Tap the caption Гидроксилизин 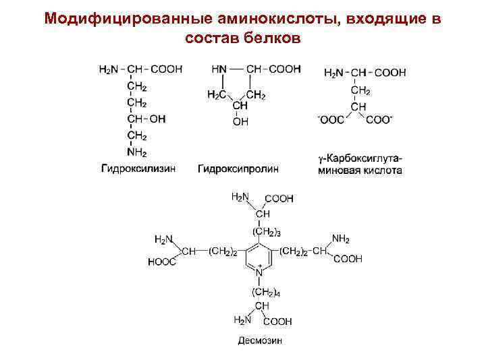[x=138, y=169]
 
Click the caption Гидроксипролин [x=238, y=169]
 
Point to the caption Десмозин [x=260, y=340]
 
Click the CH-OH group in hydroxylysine [x=146, y=119]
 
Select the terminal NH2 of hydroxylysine [x=137, y=152]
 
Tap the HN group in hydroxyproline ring [x=219, y=69]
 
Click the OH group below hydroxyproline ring [x=240, y=122]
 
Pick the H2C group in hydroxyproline [x=217, y=95]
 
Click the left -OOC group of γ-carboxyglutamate [x=331, y=120]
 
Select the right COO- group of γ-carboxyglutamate [x=379, y=120]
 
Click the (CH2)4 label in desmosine [x=265, y=292]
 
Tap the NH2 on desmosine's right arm [x=341, y=239]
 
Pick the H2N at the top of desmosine [x=240, y=197]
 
